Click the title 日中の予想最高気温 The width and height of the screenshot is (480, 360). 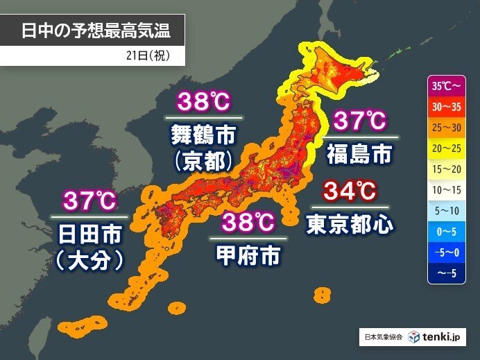click(94, 31)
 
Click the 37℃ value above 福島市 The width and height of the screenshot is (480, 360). click(359, 121)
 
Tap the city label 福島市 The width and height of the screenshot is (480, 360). click(359, 153)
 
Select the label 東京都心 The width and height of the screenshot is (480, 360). click(350, 223)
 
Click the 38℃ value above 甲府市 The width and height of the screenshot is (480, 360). click(248, 223)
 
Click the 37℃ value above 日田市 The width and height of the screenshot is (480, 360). click(89, 201)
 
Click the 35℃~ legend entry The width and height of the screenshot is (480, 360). click(446, 88)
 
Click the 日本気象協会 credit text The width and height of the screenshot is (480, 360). click(384, 337)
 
